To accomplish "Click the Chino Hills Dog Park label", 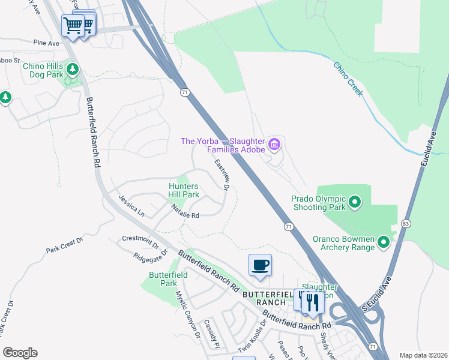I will coord(43,71).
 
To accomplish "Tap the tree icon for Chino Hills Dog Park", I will coord(73,70).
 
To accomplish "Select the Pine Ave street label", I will coord(47,43).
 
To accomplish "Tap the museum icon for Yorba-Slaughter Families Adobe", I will coord(275,144).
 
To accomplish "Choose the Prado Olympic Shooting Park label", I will coord(319,203).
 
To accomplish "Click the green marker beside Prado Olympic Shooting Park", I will coord(354,202).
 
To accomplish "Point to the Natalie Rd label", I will coord(185,211).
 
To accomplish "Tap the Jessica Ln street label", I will coord(131,205).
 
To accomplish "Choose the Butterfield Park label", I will coord(168,279).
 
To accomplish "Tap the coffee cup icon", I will coord(260,265).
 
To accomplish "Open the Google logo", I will coord(20,353).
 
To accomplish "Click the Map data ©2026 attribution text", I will coord(424,355).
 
